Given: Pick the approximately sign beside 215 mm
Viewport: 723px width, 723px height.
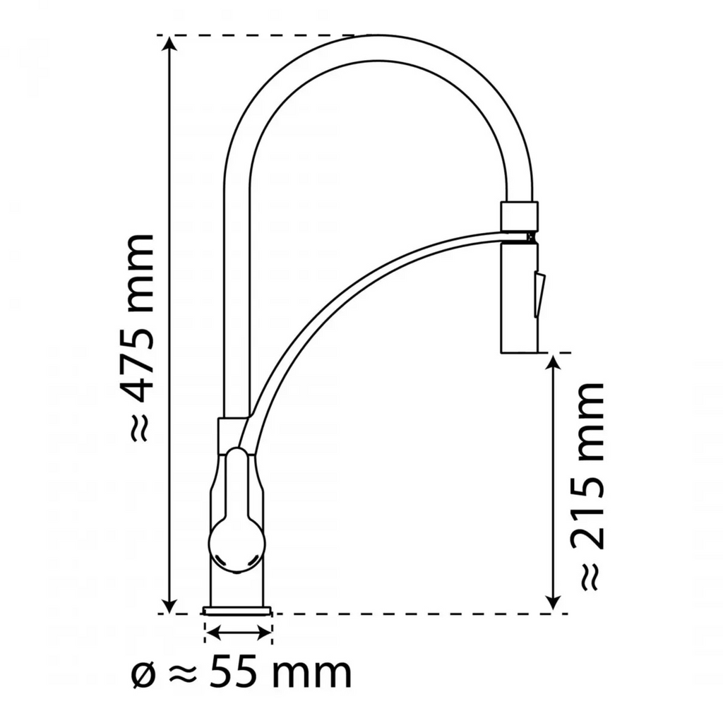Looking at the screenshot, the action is click(589, 578).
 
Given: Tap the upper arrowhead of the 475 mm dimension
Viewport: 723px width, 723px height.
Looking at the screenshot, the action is click(170, 44).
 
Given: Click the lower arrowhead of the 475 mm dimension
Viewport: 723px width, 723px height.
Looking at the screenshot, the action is click(170, 605).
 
